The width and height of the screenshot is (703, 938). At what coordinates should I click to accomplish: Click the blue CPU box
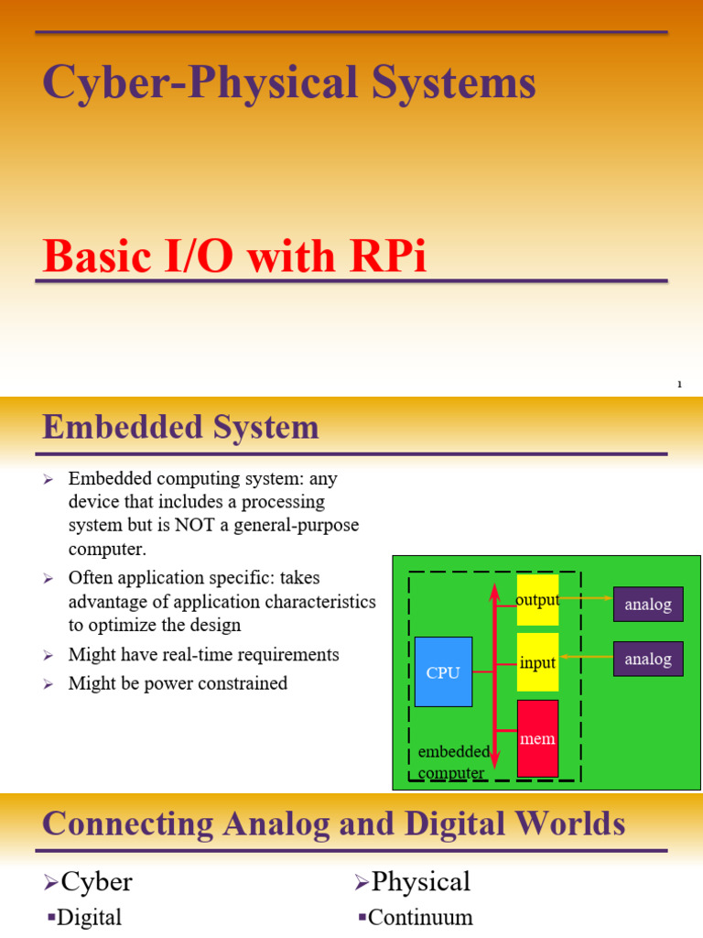pyautogui.click(x=443, y=671)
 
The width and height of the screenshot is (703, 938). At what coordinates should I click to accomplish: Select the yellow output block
pyautogui.click(x=537, y=600)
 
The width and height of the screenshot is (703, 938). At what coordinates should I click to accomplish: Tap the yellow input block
pyautogui.click(x=537, y=662)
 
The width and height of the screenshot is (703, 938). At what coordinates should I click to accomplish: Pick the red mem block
pyautogui.click(x=537, y=738)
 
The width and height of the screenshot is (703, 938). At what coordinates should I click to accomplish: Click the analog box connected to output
pyautogui.click(x=648, y=605)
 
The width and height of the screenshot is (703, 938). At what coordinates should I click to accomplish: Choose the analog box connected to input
pyautogui.click(x=648, y=659)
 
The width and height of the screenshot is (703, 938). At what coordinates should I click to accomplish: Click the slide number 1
pyautogui.click(x=679, y=384)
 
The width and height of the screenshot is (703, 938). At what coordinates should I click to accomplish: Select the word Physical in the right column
pyautogui.click(x=421, y=881)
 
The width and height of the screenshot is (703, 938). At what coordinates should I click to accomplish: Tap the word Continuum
pyautogui.click(x=421, y=917)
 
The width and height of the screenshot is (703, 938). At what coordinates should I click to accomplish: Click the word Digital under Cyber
pyautogui.click(x=89, y=917)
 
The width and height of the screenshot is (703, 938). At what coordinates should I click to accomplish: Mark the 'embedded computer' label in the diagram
pyautogui.click(x=452, y=762)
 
